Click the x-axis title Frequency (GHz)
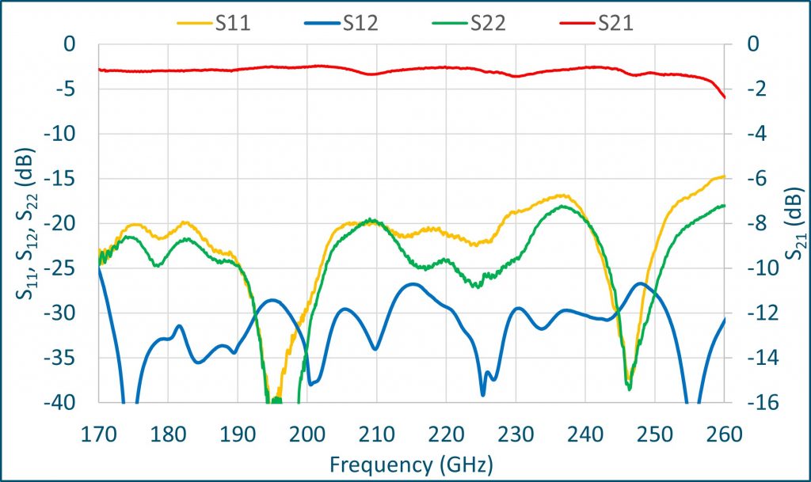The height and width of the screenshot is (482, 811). [412, 461]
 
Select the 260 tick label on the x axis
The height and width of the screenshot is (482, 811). [724, 434]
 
